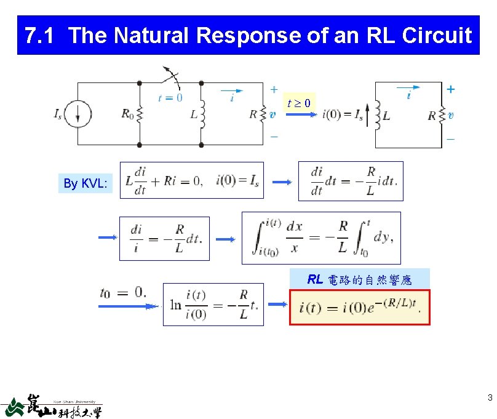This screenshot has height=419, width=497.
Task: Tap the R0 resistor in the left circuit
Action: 139,114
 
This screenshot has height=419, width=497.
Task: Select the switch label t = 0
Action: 170,97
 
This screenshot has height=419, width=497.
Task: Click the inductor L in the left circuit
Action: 201,114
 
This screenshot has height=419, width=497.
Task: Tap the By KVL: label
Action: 85,183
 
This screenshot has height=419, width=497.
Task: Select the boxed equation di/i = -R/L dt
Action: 164,238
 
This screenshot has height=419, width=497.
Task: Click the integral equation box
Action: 320,237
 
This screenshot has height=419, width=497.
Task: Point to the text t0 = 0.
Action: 123,292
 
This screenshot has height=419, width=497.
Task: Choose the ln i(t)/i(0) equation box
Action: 213,304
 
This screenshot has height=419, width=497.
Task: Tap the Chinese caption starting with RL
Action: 359,280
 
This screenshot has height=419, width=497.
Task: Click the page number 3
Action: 490,397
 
